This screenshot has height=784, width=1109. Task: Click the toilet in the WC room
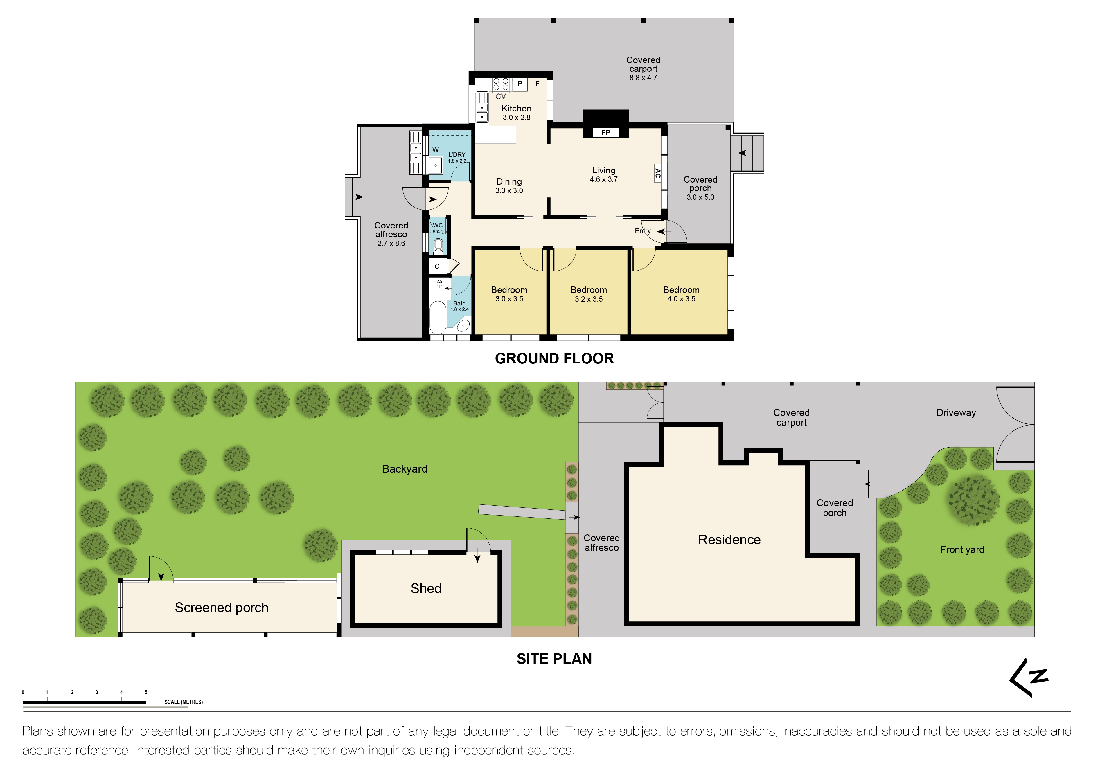coord(438,246)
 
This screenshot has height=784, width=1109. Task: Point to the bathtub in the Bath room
coord(438,317)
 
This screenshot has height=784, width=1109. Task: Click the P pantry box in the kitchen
coord(520,84)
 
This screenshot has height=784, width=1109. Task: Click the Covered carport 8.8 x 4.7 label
coord(643,68)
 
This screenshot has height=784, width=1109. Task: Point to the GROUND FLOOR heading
coord(554,358)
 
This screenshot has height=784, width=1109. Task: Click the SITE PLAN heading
coord(554,659)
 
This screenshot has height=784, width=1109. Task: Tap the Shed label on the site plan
coord(425,588)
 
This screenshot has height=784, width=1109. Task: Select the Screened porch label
coord(221,607)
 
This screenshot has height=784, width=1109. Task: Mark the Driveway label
coord(956,413)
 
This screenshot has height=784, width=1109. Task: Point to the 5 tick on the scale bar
coord(146,692)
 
